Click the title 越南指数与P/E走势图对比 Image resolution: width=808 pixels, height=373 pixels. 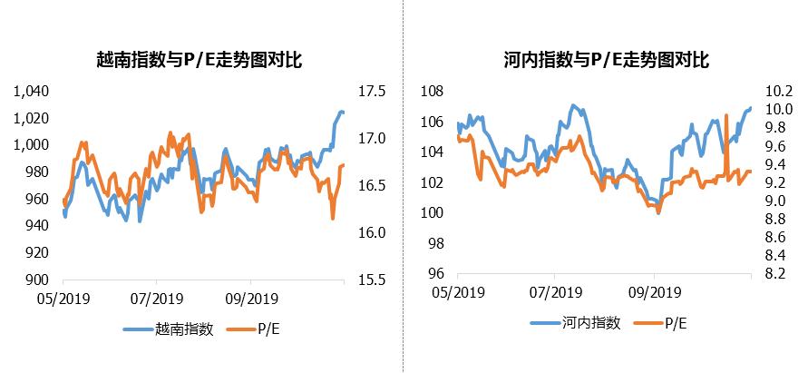pyautogui.click(x=199, y=61)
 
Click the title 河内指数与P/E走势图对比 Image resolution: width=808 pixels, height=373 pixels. pyautogui.click(x=606, y=61)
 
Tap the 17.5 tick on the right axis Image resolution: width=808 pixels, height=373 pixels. pyautogui.click(x=374, y=91)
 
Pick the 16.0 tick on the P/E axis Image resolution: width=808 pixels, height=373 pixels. pyautogui.click(x=374, y=232)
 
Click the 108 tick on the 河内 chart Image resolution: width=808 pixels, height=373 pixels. pyautogui.click(x=432, y=91)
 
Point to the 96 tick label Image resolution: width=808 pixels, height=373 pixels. pyautogui.click(x=435, y=274)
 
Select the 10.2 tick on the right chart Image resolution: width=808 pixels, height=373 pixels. pyautogui.click(x=780, y=91)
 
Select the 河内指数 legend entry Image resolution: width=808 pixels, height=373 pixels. pyautogui.click(x=580, y=323)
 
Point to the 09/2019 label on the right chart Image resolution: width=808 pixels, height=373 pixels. pyautogui.click(x=655, y=291)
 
